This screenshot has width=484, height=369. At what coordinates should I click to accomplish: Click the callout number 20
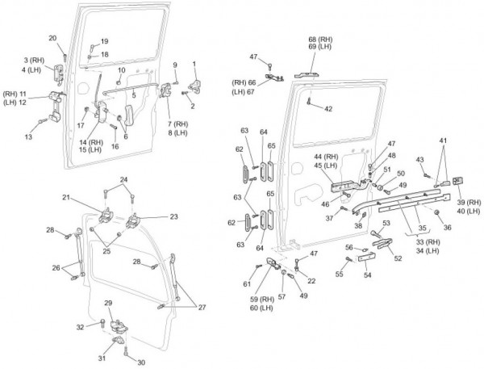pos(52,38)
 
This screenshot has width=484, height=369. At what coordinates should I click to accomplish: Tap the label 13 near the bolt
pos(28,138)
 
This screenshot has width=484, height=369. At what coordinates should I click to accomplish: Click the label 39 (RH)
pos(468,200)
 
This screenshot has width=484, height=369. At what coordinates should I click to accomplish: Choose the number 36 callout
pos(448,229)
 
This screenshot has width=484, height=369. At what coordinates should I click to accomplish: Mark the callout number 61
pos(248,284)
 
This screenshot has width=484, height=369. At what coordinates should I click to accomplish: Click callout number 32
pos(79,327)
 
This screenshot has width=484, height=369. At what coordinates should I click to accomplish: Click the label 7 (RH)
pos(177,123)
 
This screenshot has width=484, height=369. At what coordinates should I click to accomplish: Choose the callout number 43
pos(419,160)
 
